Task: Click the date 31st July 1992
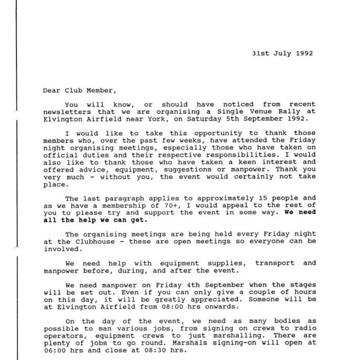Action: [x=282, y=53]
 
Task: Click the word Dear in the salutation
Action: [x=51, y=90]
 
